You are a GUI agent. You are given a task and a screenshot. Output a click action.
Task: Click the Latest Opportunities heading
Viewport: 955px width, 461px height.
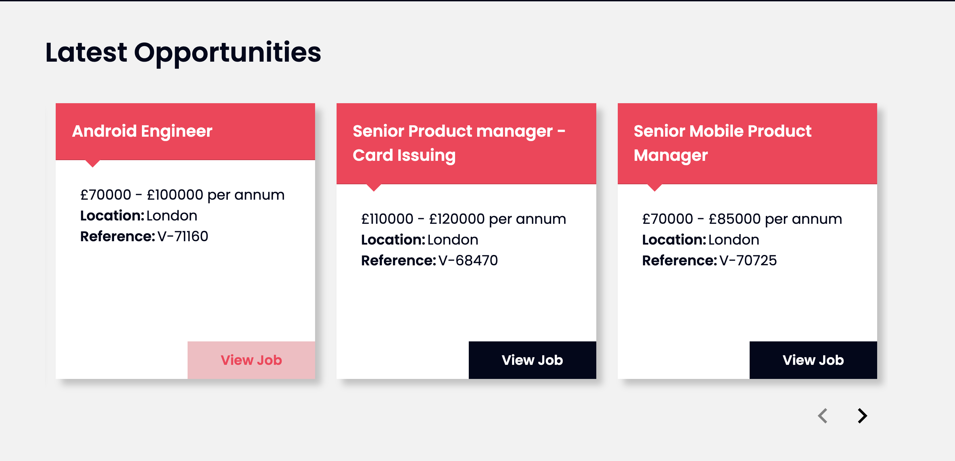183,53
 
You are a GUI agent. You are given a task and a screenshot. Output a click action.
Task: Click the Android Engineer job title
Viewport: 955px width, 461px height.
142,131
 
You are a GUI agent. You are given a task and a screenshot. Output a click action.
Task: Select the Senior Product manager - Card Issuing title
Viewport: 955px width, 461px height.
459,143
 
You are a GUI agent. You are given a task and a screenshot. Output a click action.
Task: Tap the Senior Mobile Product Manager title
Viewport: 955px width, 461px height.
722,143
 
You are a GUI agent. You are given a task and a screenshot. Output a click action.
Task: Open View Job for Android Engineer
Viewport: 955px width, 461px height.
251,360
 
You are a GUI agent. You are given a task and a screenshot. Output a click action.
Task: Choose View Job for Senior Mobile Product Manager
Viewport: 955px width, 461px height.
813,360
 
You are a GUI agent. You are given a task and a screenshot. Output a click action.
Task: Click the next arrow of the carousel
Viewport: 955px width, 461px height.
862,415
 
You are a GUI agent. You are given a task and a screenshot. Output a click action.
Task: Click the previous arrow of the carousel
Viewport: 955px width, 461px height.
823,415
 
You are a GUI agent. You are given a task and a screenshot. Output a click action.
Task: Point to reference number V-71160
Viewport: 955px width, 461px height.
183,236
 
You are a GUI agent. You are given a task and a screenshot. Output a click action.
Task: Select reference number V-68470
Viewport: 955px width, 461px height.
468,260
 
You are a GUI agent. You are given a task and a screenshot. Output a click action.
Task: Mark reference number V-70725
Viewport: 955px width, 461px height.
748,260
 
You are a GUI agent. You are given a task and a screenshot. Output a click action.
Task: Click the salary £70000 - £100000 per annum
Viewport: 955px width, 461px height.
183,195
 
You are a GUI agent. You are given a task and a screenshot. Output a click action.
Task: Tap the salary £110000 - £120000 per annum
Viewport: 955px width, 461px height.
463,219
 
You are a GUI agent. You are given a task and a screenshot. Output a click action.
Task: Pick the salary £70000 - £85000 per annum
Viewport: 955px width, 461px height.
742,219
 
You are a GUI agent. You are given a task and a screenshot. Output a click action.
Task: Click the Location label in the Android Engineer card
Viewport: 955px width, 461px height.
112,215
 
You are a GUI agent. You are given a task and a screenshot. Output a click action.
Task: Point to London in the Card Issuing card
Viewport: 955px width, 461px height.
453,240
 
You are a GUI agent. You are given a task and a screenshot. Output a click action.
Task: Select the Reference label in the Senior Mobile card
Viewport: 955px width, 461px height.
680,260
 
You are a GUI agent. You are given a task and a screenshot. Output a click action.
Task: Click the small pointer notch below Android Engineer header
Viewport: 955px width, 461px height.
93,163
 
